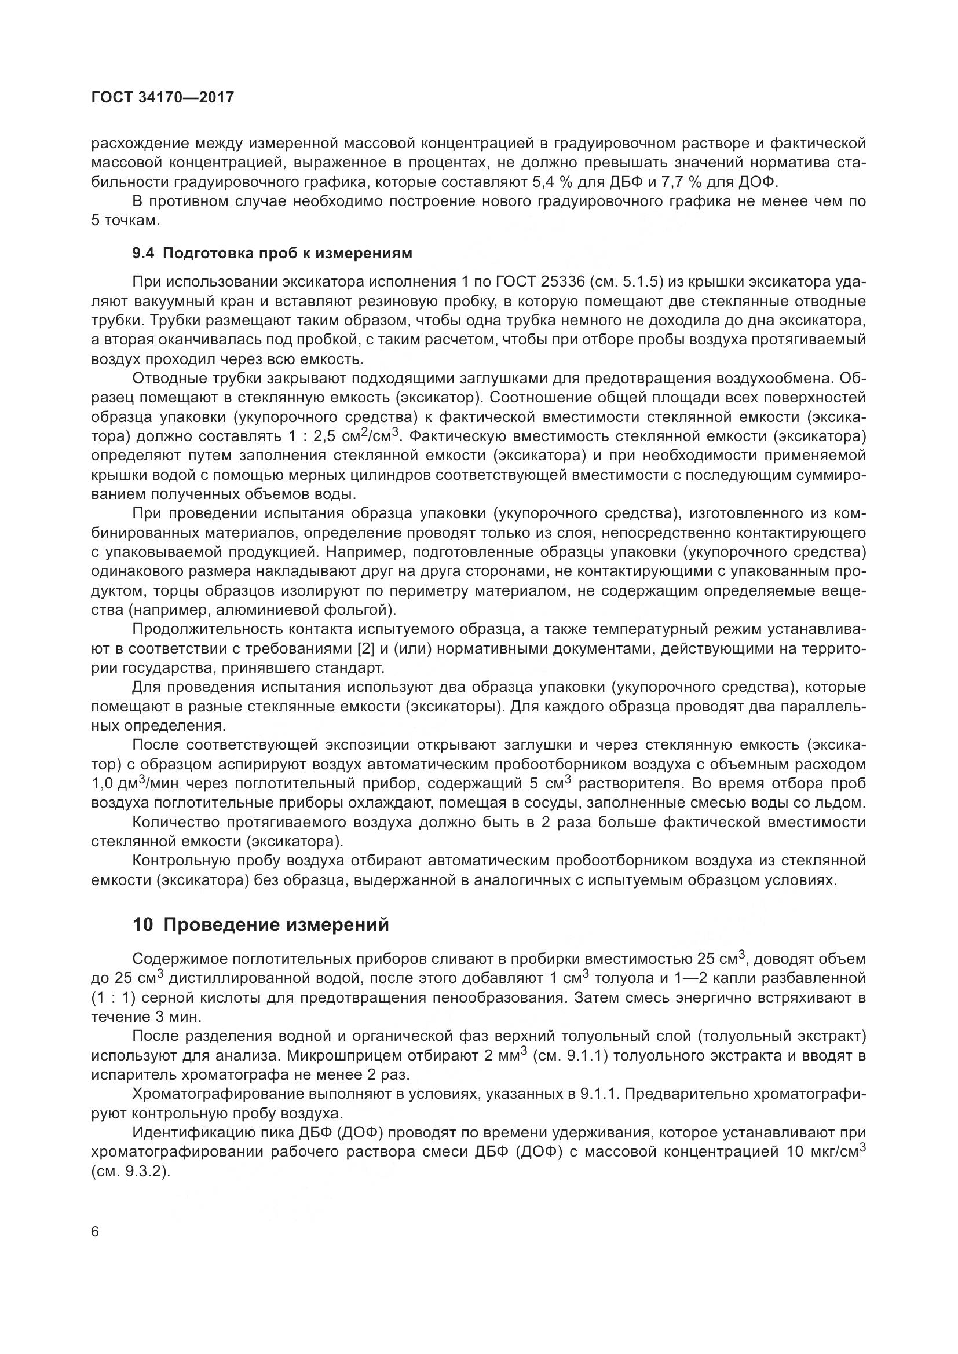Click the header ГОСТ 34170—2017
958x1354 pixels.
pyautogui.click(x=163, y=97)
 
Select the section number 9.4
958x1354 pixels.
pyautogui.click(x=143, y=254)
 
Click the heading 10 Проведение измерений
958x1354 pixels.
pyautogui.click(x=261, y=924)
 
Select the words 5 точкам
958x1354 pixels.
pyautogui.click(x=125, y=221)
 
